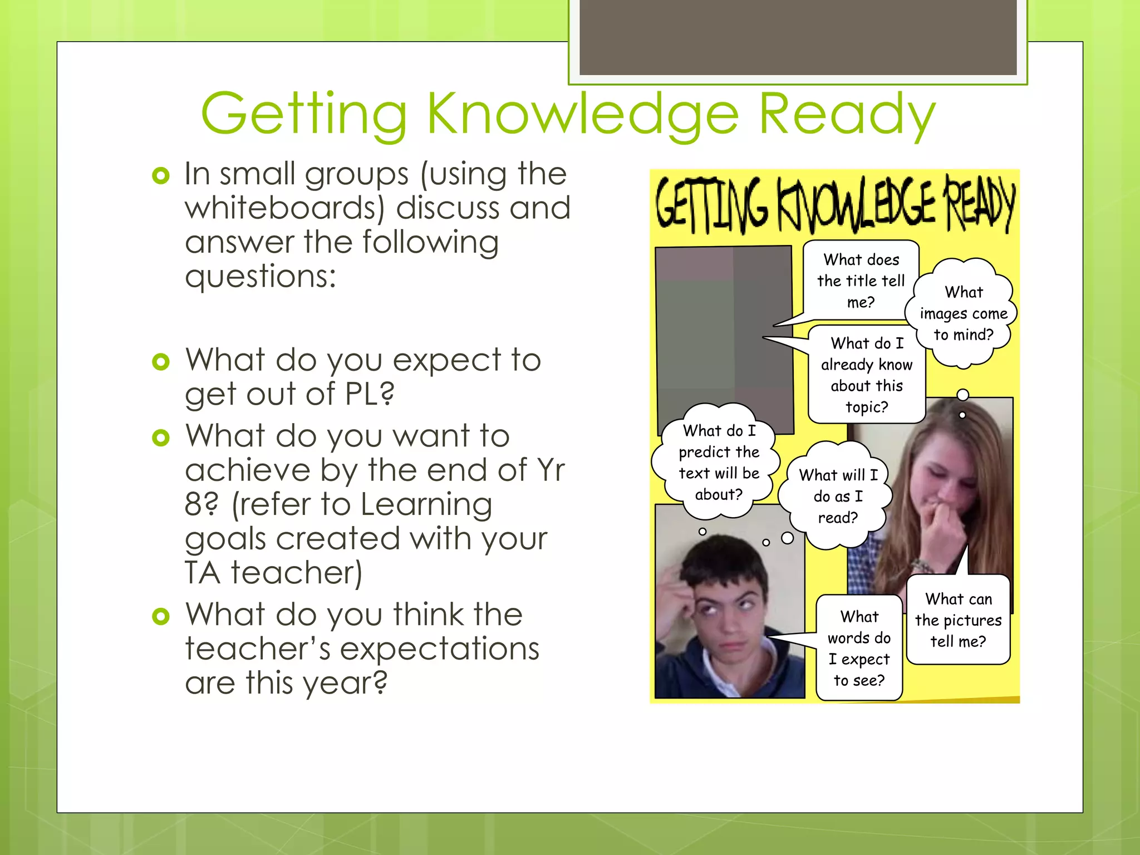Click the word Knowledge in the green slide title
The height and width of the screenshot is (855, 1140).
pos(582,114)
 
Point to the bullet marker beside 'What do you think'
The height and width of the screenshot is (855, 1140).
pos(160,616)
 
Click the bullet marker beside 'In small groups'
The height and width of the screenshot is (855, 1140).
pos(160,176)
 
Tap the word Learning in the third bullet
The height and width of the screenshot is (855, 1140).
pos(426,505)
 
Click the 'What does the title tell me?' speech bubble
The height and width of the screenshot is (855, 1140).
pos(861,281)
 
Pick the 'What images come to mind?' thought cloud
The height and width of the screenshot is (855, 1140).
pos(964,313)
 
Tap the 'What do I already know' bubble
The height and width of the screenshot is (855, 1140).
pos(867,375)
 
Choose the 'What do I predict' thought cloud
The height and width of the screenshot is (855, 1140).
pos(718,462)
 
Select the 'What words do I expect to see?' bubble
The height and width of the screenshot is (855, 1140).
pos(859,648)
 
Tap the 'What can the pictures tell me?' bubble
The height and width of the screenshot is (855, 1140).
pos(958,620)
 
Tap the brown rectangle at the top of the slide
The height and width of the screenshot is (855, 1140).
pos(798,37)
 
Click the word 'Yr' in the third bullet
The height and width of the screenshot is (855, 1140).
pos(551,470)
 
